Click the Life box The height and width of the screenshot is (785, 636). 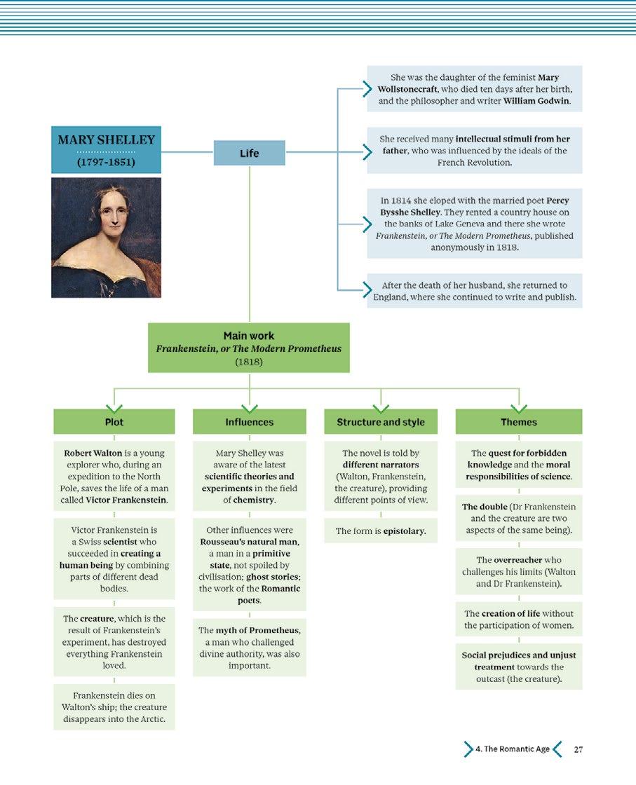(x=249, y=153)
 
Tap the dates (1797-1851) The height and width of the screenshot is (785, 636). (x=106, y=163)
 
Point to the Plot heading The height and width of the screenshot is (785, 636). (x=114, y=422)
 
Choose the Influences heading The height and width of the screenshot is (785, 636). (x=249, y=422)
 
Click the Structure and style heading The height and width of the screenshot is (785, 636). (x=381, y=422)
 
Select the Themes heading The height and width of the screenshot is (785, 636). (x=519, y=422)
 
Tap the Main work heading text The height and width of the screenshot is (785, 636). (x=249, y=336)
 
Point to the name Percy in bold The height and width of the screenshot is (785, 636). (x=557, y=200)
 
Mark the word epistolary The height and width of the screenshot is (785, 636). (x=405, y=531)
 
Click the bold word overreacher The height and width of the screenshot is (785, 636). (x=518, y=560)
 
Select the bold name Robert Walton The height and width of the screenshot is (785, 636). (x=93, y=453)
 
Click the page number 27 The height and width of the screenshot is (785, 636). (x=578, y=749)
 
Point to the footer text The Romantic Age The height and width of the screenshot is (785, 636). (x=513, y=749)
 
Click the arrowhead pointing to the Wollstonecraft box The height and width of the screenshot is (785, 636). (x=367, y=88)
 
